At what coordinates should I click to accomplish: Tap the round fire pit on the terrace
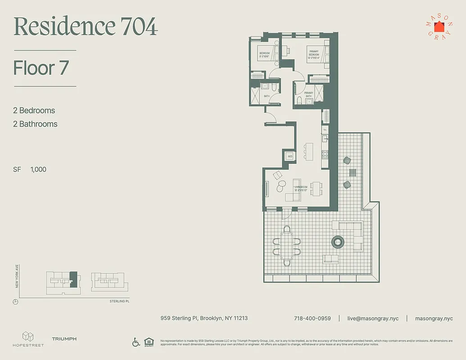tap(338, 242)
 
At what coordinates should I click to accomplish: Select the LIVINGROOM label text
tap(301, 186)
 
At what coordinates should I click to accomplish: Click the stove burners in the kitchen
tap(324, 155)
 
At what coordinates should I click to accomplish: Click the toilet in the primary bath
tap(299, 100)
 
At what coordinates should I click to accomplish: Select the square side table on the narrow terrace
tap(353, 172)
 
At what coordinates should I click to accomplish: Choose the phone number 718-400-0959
tap(312, 318)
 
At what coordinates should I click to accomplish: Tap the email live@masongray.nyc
tap(373, 318)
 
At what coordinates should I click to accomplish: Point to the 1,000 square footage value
tap(38, 170)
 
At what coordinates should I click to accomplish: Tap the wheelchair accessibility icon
tap(136, 342)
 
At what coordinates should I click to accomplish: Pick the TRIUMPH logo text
tap(64, 339)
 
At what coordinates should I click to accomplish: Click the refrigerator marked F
tap(325, 129)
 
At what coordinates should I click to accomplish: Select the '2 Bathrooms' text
tap(35, 124)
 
